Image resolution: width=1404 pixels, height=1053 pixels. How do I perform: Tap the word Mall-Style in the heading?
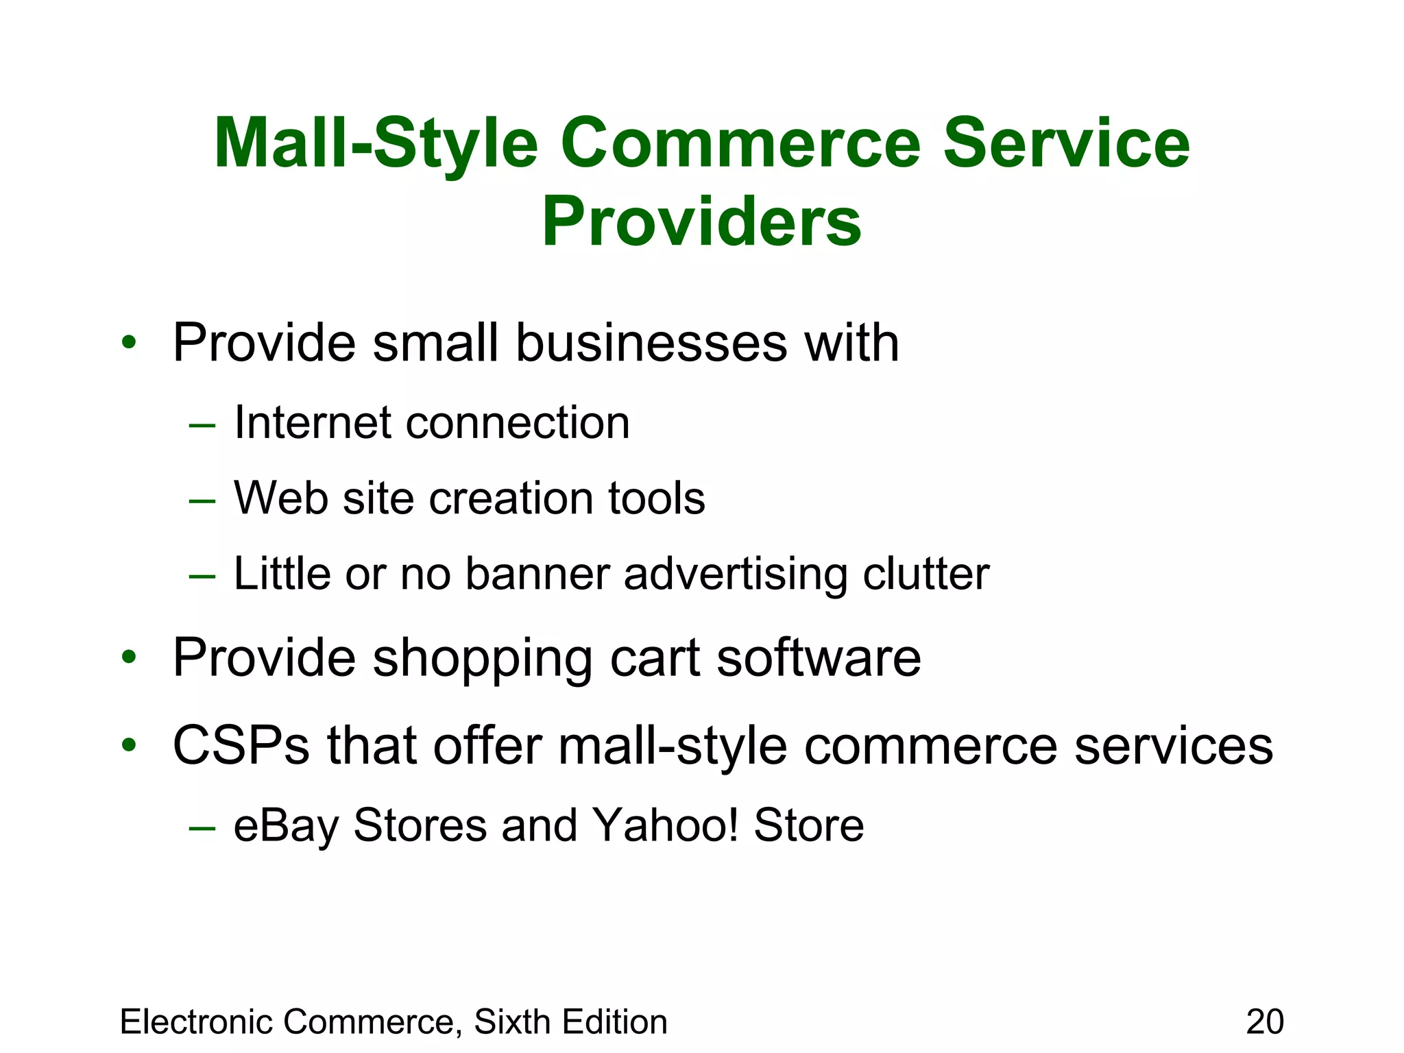tap(375, 144)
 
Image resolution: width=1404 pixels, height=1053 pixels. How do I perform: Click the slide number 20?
tap(1265, 1021)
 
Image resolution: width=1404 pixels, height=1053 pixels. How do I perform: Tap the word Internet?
tap(313, 422)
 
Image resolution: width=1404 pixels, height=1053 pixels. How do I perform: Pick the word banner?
tap(537, 573)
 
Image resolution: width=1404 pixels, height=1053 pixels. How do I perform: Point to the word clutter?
tap(925, 573)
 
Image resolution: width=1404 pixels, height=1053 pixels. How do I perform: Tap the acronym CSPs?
tap(241, 746)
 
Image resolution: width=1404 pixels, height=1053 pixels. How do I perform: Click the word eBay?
tap(287, 825)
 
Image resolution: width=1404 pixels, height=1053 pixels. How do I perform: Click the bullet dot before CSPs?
tap(129, 745)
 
